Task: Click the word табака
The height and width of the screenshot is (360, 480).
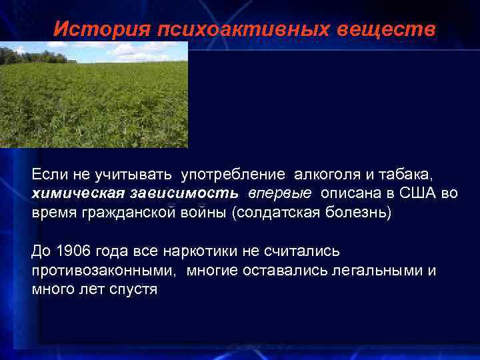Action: point(406,175)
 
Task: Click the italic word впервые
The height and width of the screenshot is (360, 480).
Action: point(280,193)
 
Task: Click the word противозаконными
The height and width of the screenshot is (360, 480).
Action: point(103,270)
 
